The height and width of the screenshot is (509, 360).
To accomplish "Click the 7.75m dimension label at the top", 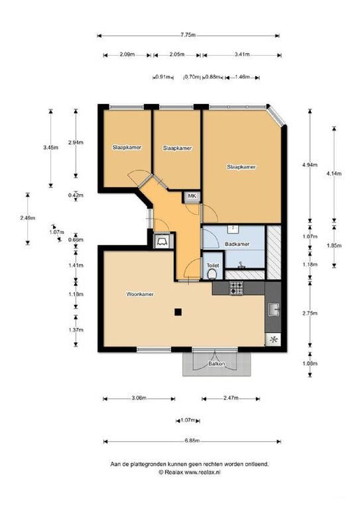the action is click(188, 35).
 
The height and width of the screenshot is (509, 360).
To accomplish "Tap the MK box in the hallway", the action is click(192, 197).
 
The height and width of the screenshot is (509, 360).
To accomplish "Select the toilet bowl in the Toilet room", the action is click(212, 274).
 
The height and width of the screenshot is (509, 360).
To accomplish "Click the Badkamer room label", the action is click(237, 244).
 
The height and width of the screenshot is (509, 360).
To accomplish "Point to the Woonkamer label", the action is click(140, 294).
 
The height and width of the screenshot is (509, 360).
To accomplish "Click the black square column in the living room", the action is click(178, 312).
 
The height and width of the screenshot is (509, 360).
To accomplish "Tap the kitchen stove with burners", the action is click(236, 288).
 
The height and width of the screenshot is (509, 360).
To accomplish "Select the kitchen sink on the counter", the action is click(274, 310).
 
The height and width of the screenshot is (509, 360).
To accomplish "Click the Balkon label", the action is click(217, 364).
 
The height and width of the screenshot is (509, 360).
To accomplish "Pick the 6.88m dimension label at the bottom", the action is click(192, 441).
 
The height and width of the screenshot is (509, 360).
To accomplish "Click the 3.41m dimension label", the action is click(242, 54).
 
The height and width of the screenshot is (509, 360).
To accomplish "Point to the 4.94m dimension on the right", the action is click(310, 165).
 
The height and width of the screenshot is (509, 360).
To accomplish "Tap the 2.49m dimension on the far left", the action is click(28, 218).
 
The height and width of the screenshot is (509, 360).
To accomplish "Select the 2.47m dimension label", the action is click(231, 398).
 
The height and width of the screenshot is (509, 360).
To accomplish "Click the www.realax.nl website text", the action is click(203, 473).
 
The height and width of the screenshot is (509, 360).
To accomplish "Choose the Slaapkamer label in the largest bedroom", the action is click(241, 167).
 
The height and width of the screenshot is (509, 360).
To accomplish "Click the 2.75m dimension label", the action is click(310, 313).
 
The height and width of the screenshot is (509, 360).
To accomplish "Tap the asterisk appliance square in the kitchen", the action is click(273, 340).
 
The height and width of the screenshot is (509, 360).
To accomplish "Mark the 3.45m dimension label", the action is click(50, 147).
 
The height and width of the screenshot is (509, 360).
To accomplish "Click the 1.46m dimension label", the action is click(242, 77).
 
